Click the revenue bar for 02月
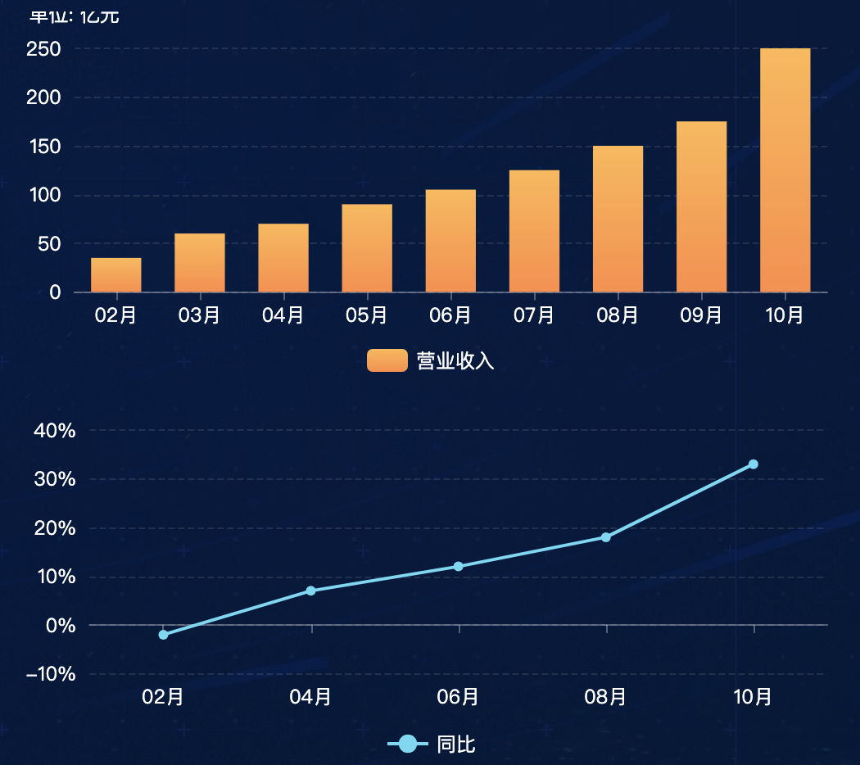[x=115, y=275]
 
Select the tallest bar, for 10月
[x=785, y=170]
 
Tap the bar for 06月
[x=450, y=241]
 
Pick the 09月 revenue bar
[x=701, y=206]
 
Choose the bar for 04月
[x=283, y=258]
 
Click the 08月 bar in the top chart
[x=618, y=219]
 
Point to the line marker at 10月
[x=753, y=464]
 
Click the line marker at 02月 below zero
[x=163, y=635]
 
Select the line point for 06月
[x=458, y=567]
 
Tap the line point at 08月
[x=605, y=537]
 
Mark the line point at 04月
[x=310, y=591]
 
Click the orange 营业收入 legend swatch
[x=387, y=360]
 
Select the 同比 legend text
[x=456, y=745]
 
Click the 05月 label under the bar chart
[x=366, y=315]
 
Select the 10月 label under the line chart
[x=753, y=697]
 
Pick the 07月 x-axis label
[x=534, y=315]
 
